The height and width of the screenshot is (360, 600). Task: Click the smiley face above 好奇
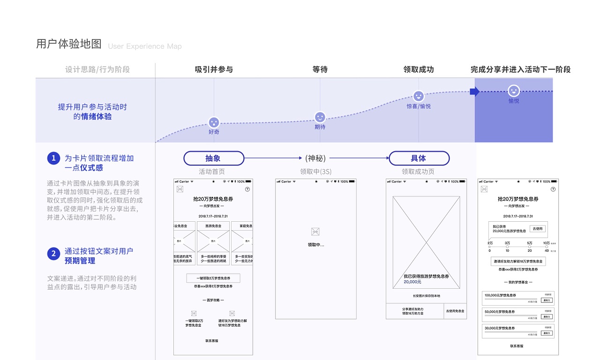tap(214, 123)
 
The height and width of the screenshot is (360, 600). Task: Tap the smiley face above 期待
tap(320, 117)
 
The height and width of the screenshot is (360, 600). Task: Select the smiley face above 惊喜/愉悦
tap(419, 97)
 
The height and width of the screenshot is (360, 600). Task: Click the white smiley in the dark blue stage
tap(514, 91)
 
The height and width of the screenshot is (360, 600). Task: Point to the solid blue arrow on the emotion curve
tap(474, 91)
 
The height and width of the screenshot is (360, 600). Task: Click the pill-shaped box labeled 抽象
tap(214, 158)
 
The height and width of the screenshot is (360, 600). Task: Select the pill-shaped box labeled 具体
tap(419, 158)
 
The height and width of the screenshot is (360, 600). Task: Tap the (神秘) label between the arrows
tap(315, 158)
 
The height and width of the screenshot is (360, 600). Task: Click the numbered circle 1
tap(53, 158)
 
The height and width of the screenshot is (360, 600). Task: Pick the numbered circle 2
tap(53, 254)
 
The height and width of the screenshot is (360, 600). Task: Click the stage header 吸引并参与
tap(214, 70)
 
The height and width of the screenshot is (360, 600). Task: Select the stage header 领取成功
tap(419, 70)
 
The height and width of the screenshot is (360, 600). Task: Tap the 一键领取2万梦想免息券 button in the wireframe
tap(213, 278)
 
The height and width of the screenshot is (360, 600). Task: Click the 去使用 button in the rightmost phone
tap(538, 229)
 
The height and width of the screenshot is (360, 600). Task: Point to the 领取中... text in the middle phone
tap(315, 245)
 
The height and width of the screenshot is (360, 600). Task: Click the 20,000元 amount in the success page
tap(412, 282)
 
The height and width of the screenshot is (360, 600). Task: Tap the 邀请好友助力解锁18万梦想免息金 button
tap(518, 261)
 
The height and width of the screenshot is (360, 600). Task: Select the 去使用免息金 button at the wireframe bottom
tap(455, 311)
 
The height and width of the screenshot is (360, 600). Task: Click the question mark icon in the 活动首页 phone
tap(247, 189)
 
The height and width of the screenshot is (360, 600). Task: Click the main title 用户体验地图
tap(69, 44)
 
